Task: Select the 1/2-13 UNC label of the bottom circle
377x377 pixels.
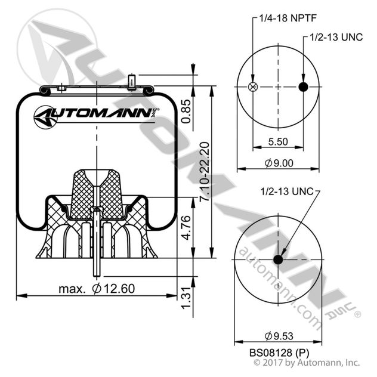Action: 286,192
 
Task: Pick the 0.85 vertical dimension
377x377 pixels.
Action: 186,110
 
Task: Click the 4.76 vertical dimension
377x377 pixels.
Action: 186,227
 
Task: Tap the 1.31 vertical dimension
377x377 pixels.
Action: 186,298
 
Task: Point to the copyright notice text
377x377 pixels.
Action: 307,362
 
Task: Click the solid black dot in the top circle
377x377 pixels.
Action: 302,87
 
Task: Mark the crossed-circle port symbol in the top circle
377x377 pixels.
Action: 252,87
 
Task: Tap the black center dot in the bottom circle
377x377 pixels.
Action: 277,259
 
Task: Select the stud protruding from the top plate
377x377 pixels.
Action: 132,81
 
